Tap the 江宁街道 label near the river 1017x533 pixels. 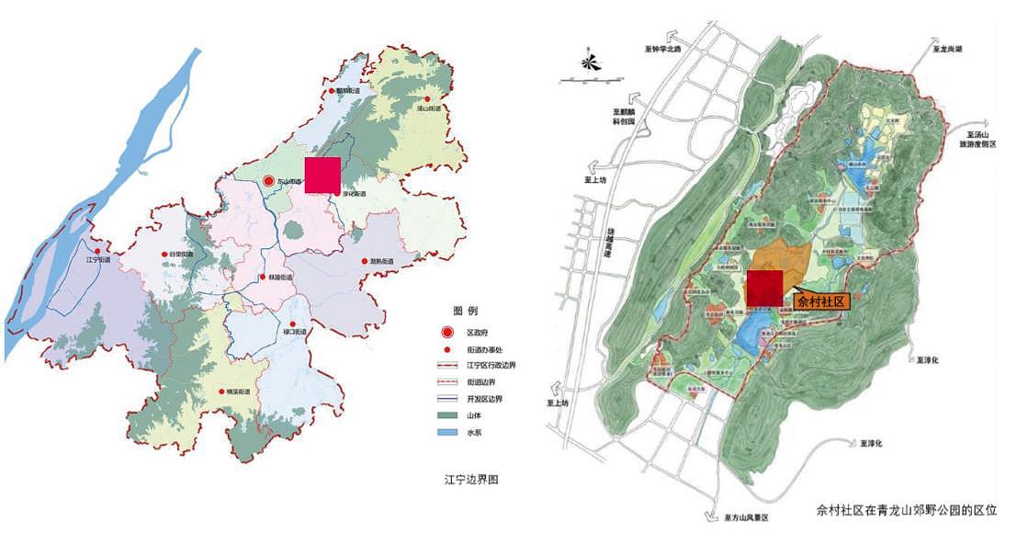[x=97, y=260]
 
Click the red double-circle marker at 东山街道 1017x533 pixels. [x=268, y=182]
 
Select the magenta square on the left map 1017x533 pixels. [x=322, y=175]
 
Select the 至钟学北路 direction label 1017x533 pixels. [x=666, y=50]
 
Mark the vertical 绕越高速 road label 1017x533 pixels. [x=608, y=244]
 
